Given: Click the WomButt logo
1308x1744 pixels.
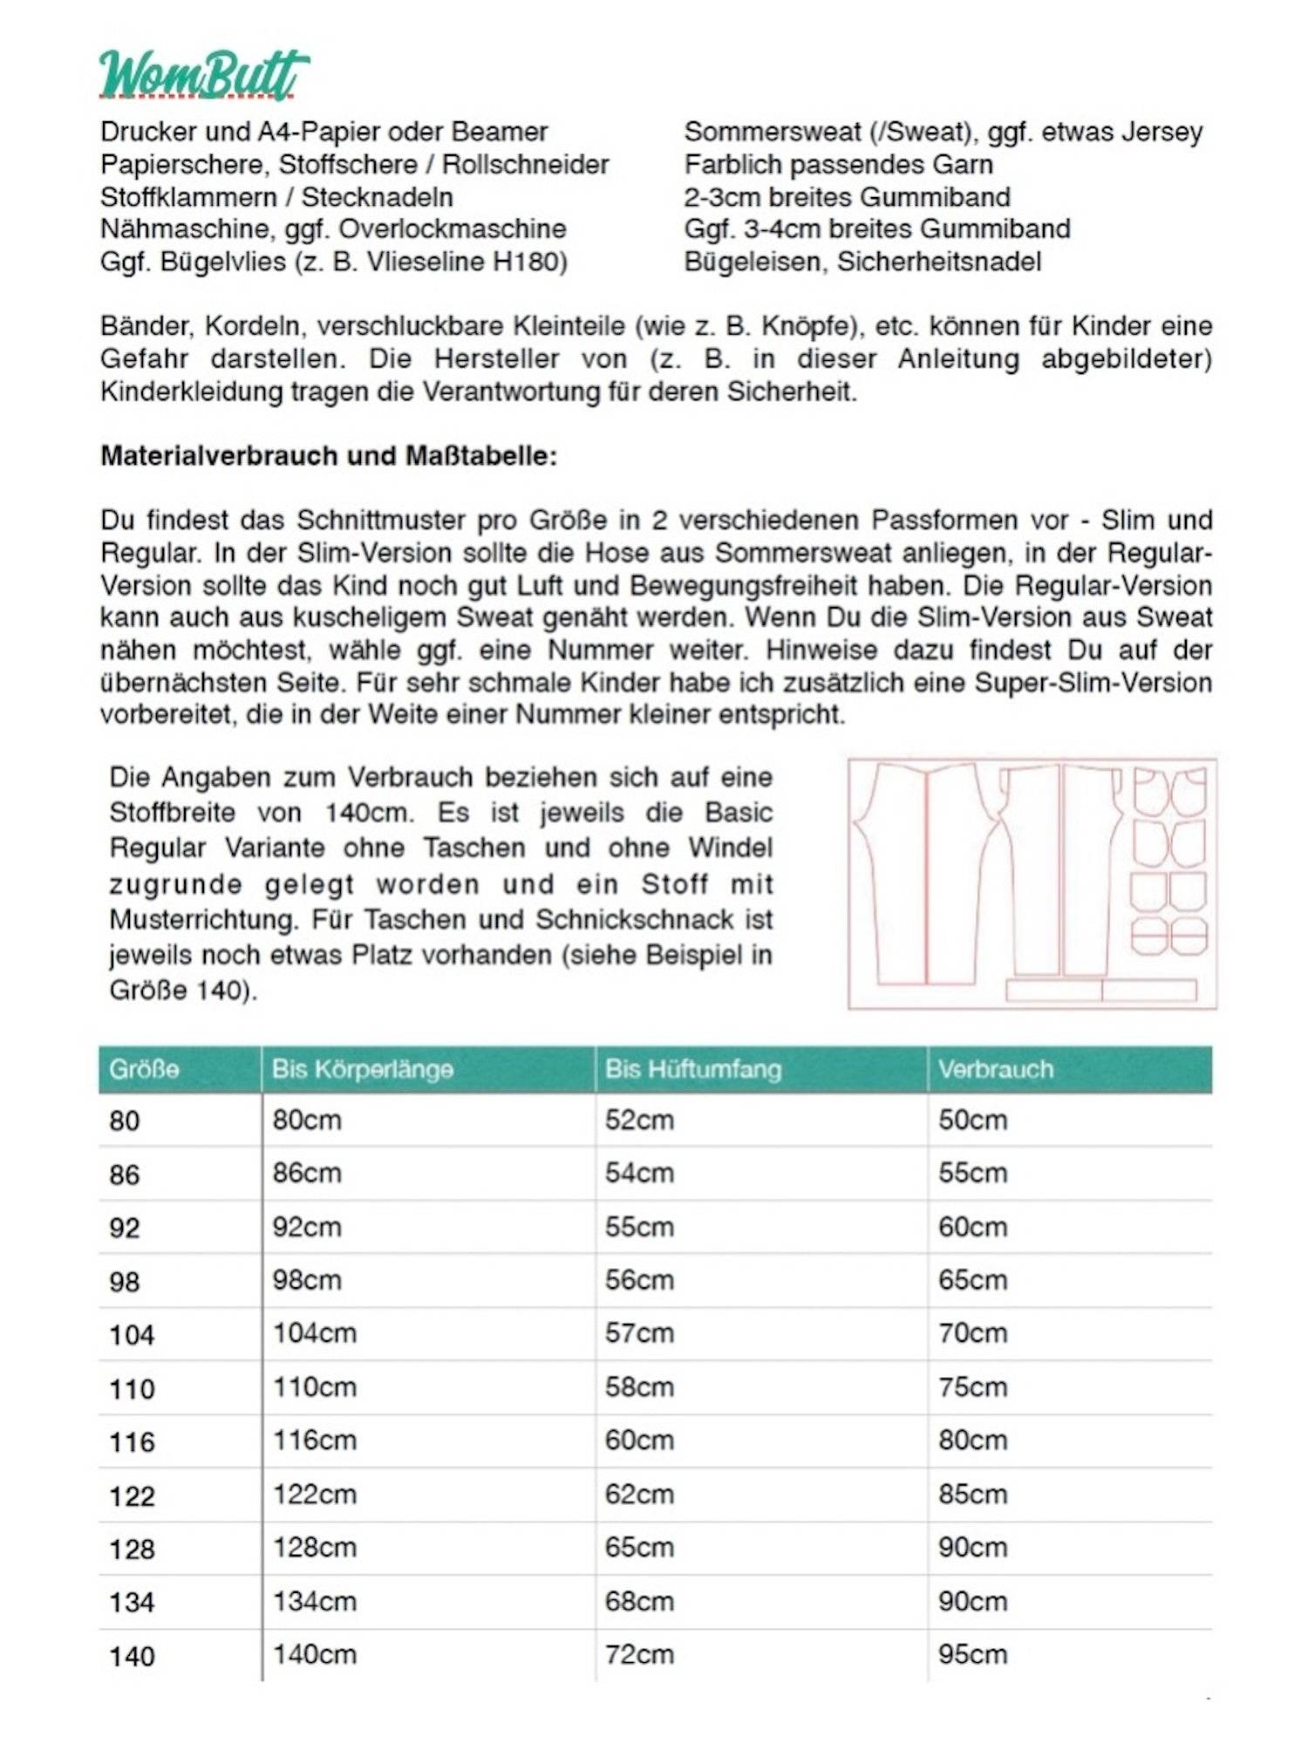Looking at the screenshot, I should coord(203,75).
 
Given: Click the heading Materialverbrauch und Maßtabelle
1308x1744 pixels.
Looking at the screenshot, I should coord(328,456).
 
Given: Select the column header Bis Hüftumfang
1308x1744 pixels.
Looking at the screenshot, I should coord(692,1069).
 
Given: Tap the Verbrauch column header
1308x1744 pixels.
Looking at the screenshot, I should coord(995,1069).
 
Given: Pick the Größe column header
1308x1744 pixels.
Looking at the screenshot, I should coord(144,1069).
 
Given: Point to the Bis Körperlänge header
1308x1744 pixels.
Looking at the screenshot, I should coord(362,1069).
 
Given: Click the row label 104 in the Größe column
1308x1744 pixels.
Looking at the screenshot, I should coord(132,1335).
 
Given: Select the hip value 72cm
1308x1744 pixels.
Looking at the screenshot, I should coord(639,1655).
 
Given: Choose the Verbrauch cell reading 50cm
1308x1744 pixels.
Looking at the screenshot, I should coord(972,1121).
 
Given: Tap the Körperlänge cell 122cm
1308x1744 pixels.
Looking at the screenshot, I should coord(315,1495).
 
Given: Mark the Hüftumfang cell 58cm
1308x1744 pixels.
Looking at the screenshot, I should coord(639,1387).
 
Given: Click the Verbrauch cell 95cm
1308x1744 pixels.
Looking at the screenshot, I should coord(972,1655).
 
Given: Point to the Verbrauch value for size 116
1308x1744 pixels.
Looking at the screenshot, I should coord(972,1441).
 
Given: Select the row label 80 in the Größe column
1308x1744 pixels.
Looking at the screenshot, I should coord(124,1121).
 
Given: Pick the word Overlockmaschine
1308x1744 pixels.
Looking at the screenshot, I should coord(453,229).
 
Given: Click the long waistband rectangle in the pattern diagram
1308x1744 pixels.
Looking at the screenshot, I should coord(1101,990).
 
